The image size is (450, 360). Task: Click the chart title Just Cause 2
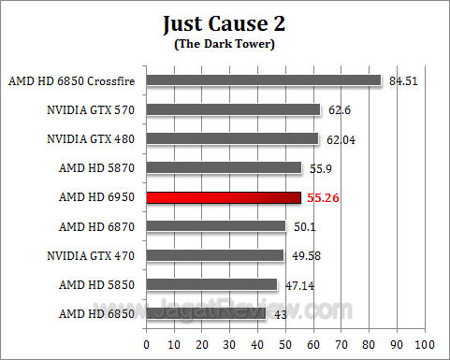click(x=224, y=22)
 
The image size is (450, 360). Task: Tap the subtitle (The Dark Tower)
click(x=224, y=43)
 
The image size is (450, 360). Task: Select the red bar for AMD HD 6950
click(x=224, y=197)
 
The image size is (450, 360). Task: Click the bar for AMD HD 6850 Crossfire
click(x=264, y=80)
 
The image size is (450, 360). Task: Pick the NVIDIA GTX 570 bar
click(x=233, y=109)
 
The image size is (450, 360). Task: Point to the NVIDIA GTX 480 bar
click(x=232, y=139)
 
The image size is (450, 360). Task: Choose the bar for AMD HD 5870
click(x=224, y=168)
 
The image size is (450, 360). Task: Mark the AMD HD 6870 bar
click(x=216, y=225)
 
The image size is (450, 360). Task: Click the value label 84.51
click(x=404, y=80)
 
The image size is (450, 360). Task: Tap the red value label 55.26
click(x=325, y=198)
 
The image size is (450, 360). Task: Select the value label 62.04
click(x=342, y=140)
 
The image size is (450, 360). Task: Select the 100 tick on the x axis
click(x=426, y=343)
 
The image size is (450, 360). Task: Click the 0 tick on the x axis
click(x=146, y=343)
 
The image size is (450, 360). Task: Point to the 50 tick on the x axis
click(x=285, y=343)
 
